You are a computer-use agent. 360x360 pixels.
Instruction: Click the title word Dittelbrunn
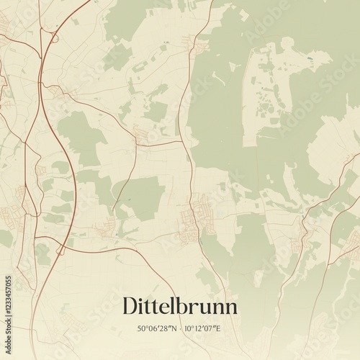pos(179,305)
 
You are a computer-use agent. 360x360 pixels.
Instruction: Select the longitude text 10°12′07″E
pos(201,328)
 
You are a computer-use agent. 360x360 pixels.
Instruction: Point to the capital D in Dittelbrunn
pos(132,305)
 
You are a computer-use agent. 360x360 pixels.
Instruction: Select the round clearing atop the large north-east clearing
pos(287,45)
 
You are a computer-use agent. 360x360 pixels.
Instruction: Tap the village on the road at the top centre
pos(202,48)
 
